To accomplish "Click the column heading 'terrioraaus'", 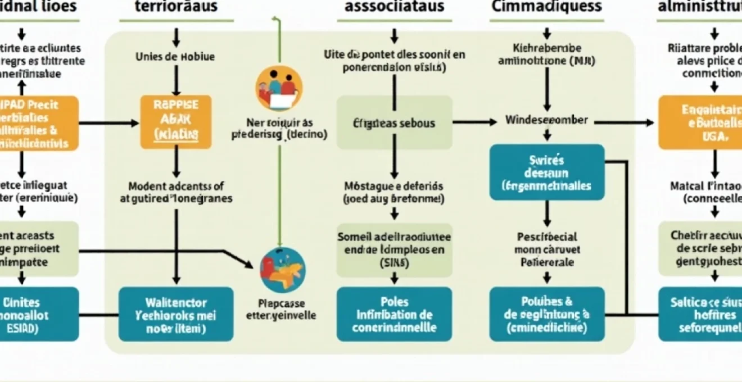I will pyautogui.click(x=177, y=7).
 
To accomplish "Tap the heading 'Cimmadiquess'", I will pyautogui.click(x=546, y=7).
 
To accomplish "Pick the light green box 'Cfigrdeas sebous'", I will pyautogui.click(x=394, y=122).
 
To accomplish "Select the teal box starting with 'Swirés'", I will pyautogui.click(x=547, y=172).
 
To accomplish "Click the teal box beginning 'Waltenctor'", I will pyautogui.click(x=176, y=314).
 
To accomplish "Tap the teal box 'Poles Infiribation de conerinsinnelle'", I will pyautogui.click(x=394, y=314).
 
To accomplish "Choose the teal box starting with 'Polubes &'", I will pyautogui.click(x=547, y=314).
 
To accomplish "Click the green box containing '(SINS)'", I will pyautogui.click(x=394, y=248).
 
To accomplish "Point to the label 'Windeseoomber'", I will pyautogui.click(x=546, y=120).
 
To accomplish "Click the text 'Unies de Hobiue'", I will pyautogui.click(x=175, y=57).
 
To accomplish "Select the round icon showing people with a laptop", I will pyautogui.click(x=279, y=88).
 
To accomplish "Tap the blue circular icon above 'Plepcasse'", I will pyautogui.click(x=283, y=269).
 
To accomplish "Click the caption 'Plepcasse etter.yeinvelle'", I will pyautogui.click(x=281, y=309).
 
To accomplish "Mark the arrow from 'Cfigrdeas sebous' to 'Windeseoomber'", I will pyautogui.click(x=475, y=121).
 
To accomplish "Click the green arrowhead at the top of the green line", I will pyautogui.click(x=275, y=20).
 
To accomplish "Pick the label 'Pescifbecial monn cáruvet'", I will pyautogui.click(x=546, y=249).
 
